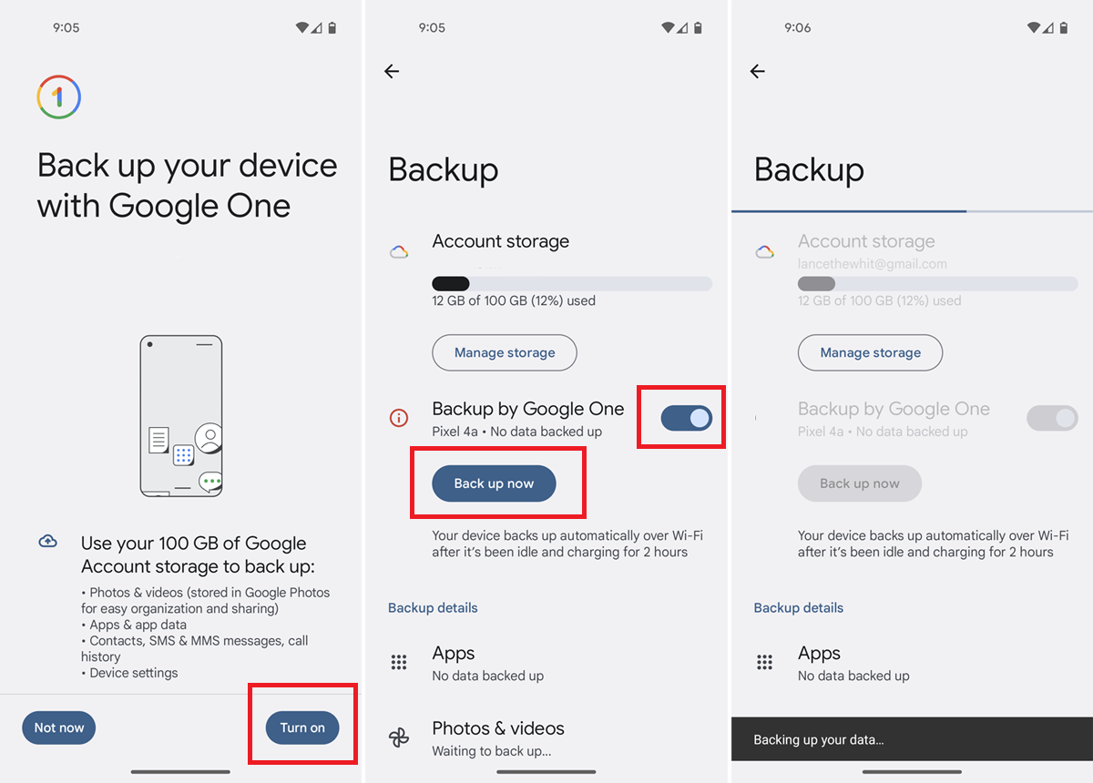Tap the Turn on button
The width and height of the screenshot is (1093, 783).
pyautogui.click(x=302, y=727)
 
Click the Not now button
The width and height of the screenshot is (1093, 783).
pyautogui.click(x=59, y=727)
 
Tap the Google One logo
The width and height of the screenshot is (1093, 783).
pyautogui.click(x=59, y=97)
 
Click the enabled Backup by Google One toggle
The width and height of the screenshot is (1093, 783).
pyautogui.click(x=687, y=418)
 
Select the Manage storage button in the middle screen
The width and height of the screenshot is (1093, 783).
pyautogui.click(x=505, y=352)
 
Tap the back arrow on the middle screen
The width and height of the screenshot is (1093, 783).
pyautogui.click(x=392, y=71)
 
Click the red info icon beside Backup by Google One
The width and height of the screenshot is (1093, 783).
pyautogui.click(x=399, y=419)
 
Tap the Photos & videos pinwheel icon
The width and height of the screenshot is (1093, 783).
pyautogui.click(x=399, y=737)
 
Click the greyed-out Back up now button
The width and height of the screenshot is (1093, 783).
pyautogui.click(x=860, y=483)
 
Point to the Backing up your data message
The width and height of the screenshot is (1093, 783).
pyautogui.click(x=819, y=740)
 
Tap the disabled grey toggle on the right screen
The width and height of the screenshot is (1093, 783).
pyautogui.click(x=1052, y=418)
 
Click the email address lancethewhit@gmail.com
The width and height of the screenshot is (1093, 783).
pyautogui.click(x=872, y=264)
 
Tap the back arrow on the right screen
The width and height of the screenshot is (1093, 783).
pyautogui.click(x=758, y=71)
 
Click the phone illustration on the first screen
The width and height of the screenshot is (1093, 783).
pyautogui.click(x=182, y=416)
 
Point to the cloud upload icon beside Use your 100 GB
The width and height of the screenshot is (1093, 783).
pyautogui.click(x=48, y=542)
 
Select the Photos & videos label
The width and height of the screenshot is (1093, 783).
pyautogui.click(x=498, y=728)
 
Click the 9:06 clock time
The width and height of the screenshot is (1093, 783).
pyautogui.click(x=798, y=28)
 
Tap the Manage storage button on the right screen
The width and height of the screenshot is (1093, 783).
pyautogui.click(x=870, y=352)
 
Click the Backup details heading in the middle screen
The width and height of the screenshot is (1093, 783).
pyautogui.click(x=433, y=607)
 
